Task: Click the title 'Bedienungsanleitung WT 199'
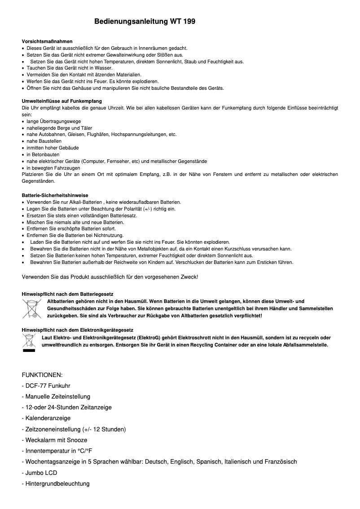[145, 22]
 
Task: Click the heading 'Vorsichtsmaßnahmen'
[47, 41]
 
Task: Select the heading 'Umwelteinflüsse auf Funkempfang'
[62, 101]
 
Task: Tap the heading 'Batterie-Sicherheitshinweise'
[55, 196]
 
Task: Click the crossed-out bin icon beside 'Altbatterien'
[31, 309]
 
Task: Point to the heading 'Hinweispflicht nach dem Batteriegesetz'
[67, 294]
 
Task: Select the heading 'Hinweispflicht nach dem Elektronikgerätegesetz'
[77, 330]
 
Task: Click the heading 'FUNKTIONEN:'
[42, 375]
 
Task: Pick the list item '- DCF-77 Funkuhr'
[46, 386]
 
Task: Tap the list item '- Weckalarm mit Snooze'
[54, 440]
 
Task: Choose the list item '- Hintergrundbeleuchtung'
[56, 483]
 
